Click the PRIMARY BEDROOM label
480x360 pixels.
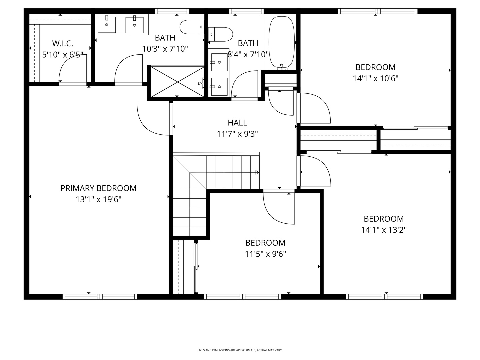click(98, 188)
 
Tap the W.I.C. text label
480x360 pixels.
click(63, 43)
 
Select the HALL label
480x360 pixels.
click(237, 123)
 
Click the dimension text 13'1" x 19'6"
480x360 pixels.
click(98, 200)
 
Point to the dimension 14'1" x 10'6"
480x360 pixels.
click(376, 78)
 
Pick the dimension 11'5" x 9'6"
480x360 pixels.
click(265, 254)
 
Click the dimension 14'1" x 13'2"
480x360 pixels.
click(384, 230)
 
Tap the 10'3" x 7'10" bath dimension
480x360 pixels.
click(165, 49)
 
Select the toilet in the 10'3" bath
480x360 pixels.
click(191, 27)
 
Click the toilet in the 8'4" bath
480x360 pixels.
click(221, 34)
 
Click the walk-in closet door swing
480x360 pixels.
click(72, 68)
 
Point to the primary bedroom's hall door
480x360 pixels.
click(154, 118)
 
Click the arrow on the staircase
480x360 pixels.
click(257, 172)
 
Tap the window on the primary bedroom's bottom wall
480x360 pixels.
click(100, 296)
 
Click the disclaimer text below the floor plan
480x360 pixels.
click(240, 350)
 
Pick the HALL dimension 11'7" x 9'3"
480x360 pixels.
click(237, 134)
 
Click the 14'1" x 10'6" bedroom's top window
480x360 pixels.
click(378, 11)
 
